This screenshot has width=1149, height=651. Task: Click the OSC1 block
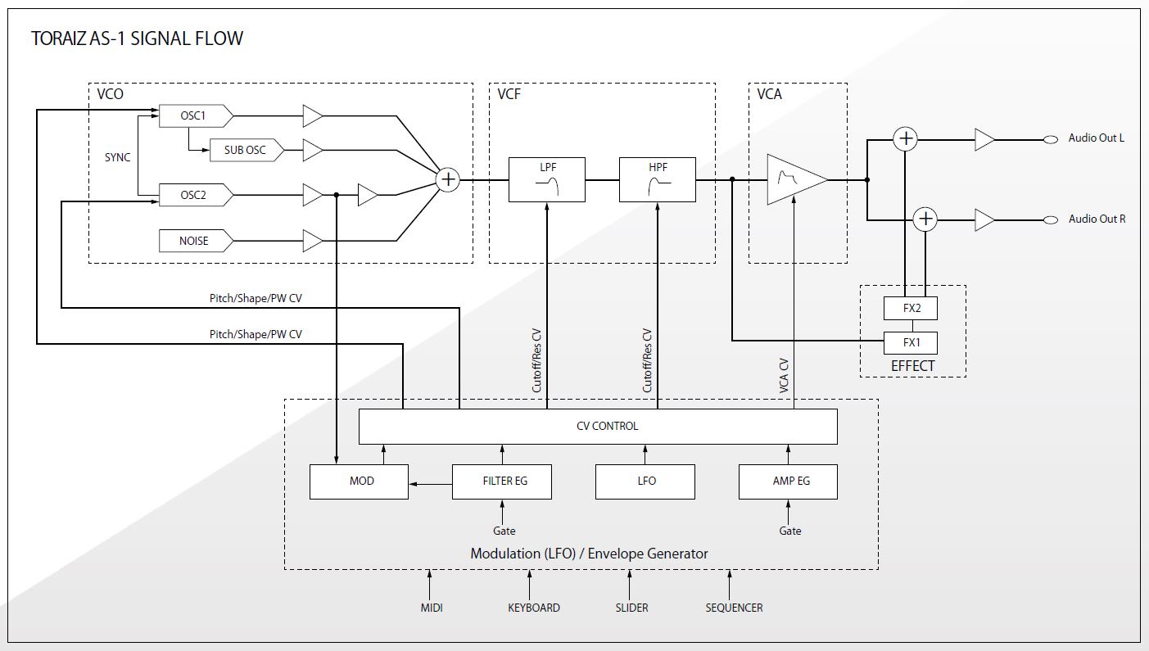pyautogui.click(x=194, y=116)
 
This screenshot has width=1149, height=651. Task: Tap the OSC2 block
pyautogui.click(x=194, y=196)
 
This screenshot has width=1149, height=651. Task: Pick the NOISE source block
pyautogui.click(x=194, y=241)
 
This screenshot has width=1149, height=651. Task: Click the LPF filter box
pyautogui.click(x=547, y=179)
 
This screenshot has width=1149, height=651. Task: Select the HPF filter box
pyautogui.click(x=657, y=179)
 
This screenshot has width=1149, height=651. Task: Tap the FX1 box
pyautogui.click(x=911, y=342)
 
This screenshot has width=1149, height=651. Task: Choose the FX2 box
pyautogui.click(x=911, y=309)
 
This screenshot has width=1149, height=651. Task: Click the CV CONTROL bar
pyautogui.click(x=598, y=427)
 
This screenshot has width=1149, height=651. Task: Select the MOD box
pyautogui.click(x=359, y=481)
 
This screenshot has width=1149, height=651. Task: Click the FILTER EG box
pyautogui.click(x=502, y=481)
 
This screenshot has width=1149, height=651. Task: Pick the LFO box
pyautogui.click(x=645, y=481)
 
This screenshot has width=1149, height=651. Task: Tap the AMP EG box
pyautogui.click(x=788, y=481)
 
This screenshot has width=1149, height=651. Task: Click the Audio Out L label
pyautogui.click(x=1096, y=138)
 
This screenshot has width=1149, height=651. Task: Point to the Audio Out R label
pyautogui.click(x=1096, y=219)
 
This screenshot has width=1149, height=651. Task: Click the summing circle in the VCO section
pyautogui.click(x=448, y=179)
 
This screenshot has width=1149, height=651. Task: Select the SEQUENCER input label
pyautogui.click(x=734, y=608)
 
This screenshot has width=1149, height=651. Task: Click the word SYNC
pyautogui.click(x=117, y=157)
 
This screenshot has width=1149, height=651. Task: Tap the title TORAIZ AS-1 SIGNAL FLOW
pyautogui.click(x=137, y=38)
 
